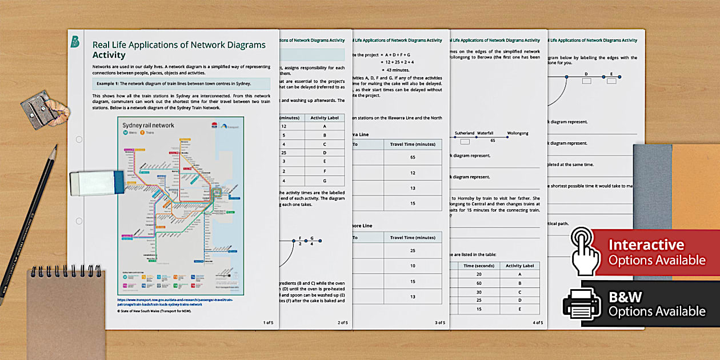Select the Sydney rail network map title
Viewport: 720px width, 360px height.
point(149,126)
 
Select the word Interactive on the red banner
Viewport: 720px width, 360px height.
point(646,245)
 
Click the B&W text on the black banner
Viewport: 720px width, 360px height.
point(625,296)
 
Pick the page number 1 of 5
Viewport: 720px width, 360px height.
point(268,323)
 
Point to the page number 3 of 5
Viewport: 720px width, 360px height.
point(439,323)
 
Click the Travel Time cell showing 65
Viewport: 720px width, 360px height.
point(412,157)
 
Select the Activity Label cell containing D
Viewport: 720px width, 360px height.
point(325,153)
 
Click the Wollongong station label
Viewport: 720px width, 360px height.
point(518,133)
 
